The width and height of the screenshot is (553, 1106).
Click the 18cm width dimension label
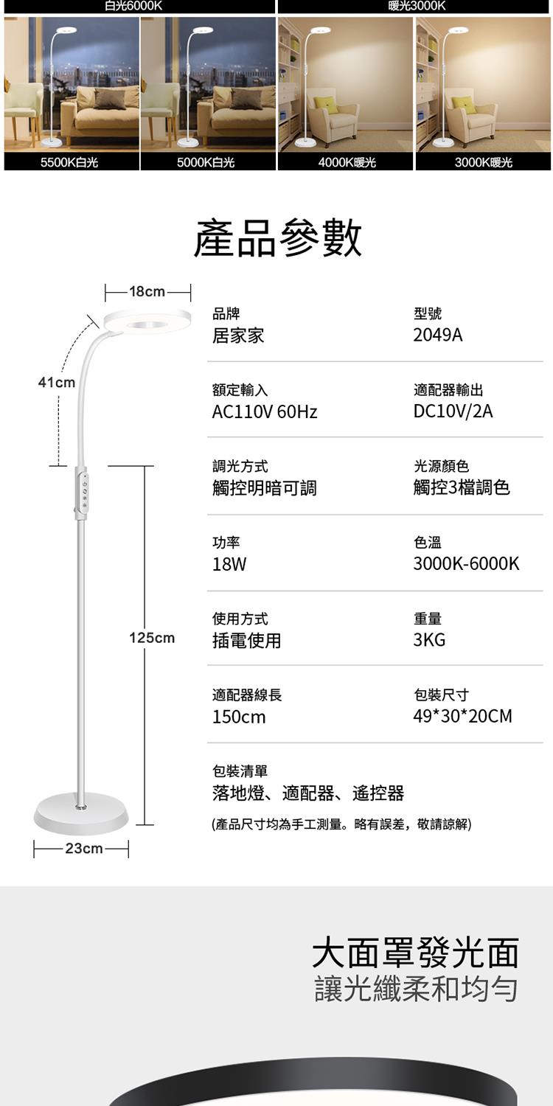[x=147, y=291]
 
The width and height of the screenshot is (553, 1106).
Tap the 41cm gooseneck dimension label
[x=57, y=382]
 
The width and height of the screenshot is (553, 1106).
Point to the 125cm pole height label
[x=152, y=637]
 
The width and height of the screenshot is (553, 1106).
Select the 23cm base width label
[x=83, y=849]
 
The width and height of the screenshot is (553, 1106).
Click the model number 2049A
[x=438, y=335]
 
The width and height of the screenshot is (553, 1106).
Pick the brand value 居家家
[x=238, y=335]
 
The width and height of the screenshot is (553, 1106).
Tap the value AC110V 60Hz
[x=265, y=412]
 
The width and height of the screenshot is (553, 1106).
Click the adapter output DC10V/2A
[x=453, y=411]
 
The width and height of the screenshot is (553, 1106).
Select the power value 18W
[x=229, y=565]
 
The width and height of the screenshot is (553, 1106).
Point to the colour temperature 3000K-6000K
[x=466, y=564]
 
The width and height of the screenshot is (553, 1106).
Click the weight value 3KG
[x=429, y=640]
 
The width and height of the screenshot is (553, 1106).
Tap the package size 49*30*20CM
[x=462, y=716]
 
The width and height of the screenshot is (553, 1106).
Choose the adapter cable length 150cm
[x=239, y=717]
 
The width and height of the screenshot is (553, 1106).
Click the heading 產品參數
[x=277, y=238]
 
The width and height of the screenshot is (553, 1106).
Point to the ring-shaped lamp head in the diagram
[x=147, y=322]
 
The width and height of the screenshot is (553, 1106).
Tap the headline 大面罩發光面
[x=415, y=953]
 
